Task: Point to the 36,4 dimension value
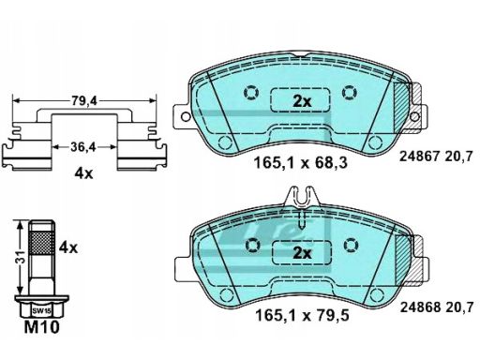click(83, 146)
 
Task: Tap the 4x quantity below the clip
click(83, 173)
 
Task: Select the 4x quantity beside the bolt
click(68, 247)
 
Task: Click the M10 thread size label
click(41, 327)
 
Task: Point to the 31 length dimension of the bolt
click(22, 256)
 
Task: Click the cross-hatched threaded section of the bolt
click(42, 244)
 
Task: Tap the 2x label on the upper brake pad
click(302, 101)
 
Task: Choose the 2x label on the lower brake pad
click(302, 253)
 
